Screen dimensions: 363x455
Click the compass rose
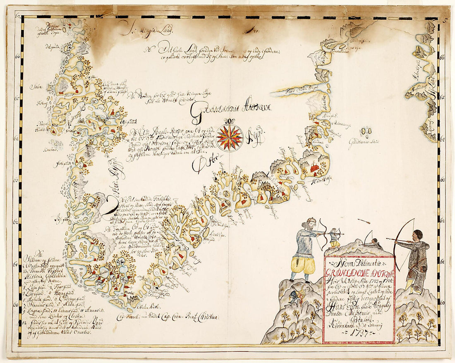230,138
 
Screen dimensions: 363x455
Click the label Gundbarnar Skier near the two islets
364,142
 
